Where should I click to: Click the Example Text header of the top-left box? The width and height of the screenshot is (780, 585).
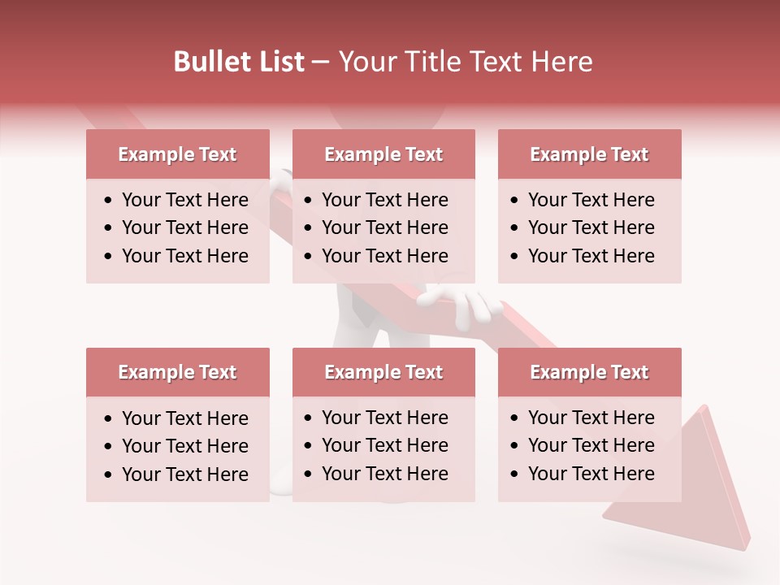[177, 154]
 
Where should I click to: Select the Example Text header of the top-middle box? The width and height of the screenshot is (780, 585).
[383, 154]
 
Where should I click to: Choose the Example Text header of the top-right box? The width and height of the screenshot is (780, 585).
[589, 154]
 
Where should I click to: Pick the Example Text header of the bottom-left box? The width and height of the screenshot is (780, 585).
[177, 372]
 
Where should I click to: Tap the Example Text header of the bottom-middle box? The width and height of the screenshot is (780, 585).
[383, 372]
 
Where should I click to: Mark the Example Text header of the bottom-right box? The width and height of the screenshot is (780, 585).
[589, 372]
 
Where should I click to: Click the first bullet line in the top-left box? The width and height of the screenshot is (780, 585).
[184, 200]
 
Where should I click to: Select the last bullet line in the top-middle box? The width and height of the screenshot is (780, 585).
[384, 256]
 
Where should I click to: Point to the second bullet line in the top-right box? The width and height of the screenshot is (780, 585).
[591, 227]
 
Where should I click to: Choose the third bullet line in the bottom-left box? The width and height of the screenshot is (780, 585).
[184, 474]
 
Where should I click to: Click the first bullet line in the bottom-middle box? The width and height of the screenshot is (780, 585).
[384, 418]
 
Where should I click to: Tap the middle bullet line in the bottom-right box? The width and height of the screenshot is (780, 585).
[591, 445]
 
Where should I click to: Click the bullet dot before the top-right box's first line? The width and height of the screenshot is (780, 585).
[515, 201]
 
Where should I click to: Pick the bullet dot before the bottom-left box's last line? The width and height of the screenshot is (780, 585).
[109, 475]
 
